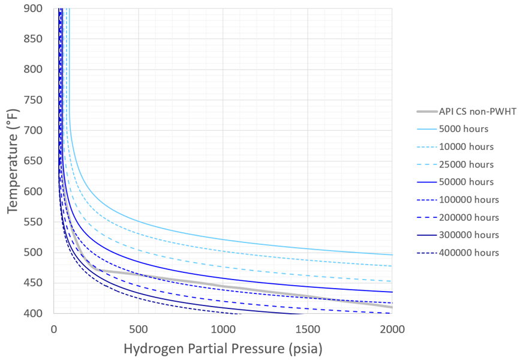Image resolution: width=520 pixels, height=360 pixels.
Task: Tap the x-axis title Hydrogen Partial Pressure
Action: pos(223,348)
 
